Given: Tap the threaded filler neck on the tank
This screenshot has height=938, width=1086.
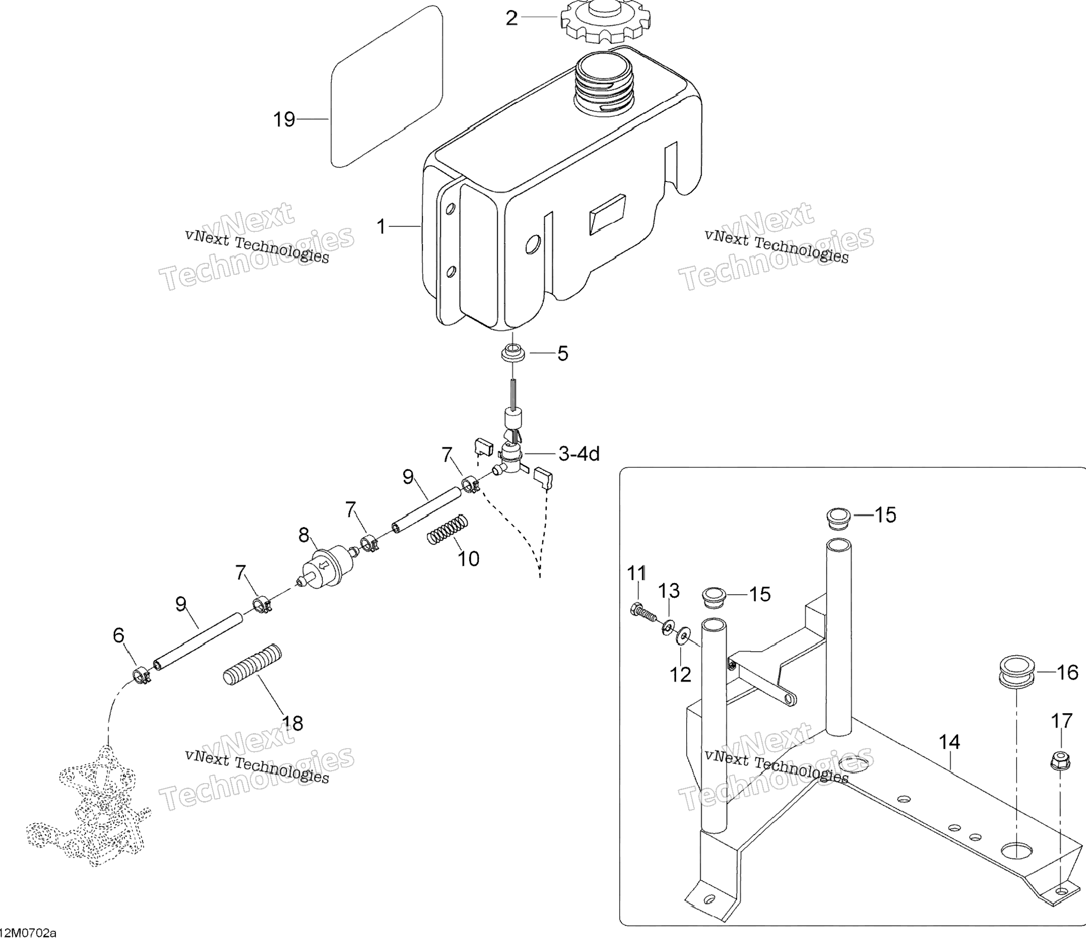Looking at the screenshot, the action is pyautogui.click(x=606, y=87).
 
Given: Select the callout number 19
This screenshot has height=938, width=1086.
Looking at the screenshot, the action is pyautogui.click(x=284, y=120).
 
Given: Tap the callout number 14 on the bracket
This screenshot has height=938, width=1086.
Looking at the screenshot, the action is pyautogui.click(x=949, y=743).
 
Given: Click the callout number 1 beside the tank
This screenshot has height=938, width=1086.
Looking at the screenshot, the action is pyautogui.click(x=381, y=227).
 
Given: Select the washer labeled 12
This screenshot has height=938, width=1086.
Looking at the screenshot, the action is pyautogui.click(x=682, y=636).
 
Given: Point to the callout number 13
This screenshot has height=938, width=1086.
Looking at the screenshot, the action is pyautogui.click(x=669, y=591).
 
